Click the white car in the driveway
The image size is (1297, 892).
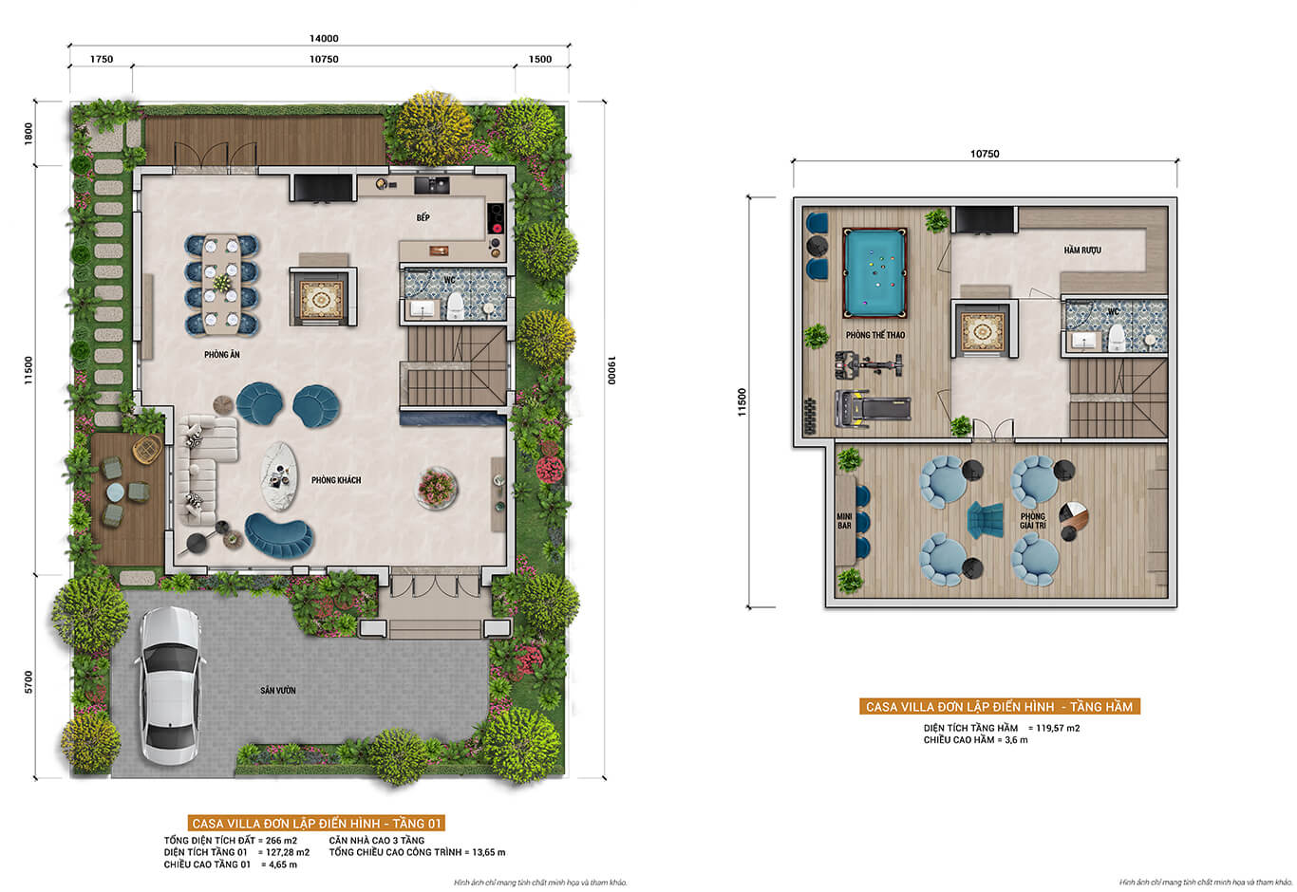coord(171,685)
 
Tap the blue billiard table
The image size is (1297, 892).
coord(874,273)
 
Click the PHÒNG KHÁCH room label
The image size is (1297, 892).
coord(336,480)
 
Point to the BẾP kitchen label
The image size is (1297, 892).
coord(423,217)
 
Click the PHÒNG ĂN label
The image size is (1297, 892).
coord(221,355)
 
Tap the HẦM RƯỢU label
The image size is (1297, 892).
coord(1081,251)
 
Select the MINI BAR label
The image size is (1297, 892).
coord(844,520)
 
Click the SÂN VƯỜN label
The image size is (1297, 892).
coord(278,690)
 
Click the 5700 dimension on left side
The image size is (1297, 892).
coord(28,681)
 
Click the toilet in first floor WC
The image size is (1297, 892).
coord(456,304)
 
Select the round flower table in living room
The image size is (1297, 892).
coord(438,487)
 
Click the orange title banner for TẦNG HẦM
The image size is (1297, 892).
coord(1000,707)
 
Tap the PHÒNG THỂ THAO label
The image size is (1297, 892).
coord(875,335)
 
